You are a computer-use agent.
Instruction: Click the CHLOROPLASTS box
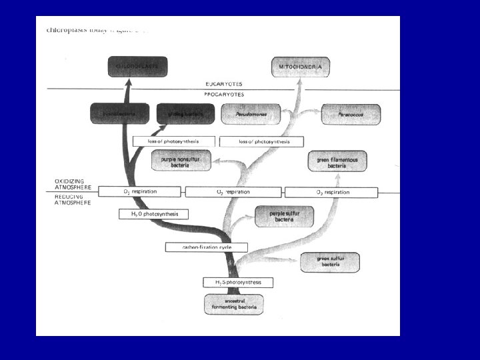tap(137, 67)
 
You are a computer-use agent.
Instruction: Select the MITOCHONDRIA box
tap(300, 67)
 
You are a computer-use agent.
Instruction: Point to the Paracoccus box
tap(351, 114)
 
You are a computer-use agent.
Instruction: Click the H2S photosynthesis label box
tap(238, 282)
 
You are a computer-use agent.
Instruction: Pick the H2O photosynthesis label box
tap(153, 214)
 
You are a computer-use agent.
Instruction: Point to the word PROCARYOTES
tap(224, 94)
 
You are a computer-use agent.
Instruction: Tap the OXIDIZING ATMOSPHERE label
tap(74, 183)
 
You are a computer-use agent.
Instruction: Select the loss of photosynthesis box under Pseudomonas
tap(261, 141)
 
